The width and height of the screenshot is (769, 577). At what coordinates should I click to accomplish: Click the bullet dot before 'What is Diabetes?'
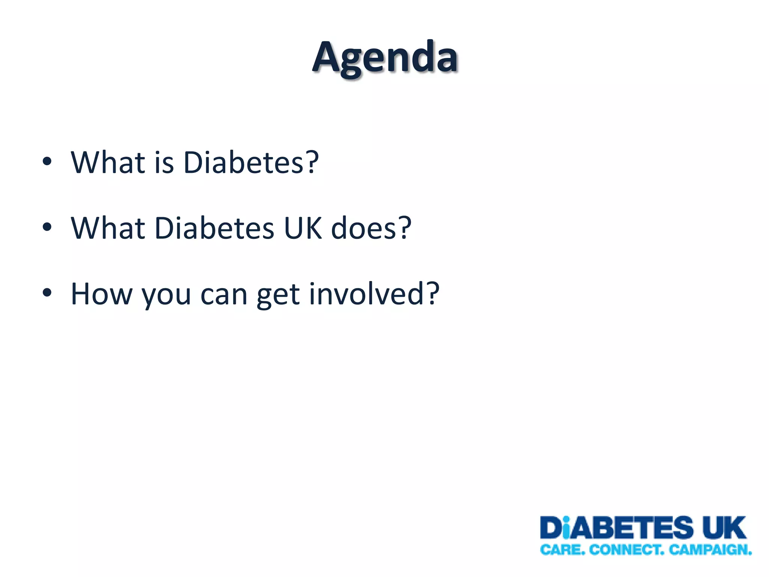point(47,162)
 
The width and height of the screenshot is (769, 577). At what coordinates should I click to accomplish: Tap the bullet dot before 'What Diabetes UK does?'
point(47,227)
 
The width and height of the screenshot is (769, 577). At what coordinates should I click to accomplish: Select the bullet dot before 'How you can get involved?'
point(47,293)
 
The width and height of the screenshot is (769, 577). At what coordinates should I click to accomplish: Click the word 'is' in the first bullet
point(164,163)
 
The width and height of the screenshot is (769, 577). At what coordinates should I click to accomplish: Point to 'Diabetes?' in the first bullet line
point(251,163)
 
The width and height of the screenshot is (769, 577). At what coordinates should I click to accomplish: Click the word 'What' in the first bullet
point(108,163)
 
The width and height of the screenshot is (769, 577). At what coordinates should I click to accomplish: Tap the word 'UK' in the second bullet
point(303,228)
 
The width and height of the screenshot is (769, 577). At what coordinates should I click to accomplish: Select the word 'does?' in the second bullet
point(371,228)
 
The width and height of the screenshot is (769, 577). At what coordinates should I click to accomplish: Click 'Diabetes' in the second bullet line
point(214,228)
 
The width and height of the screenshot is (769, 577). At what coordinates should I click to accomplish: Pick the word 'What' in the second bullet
point(108,228)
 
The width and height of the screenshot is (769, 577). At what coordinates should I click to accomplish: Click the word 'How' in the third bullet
point(101,294)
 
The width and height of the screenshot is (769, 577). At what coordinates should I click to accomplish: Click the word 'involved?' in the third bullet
point(374,294)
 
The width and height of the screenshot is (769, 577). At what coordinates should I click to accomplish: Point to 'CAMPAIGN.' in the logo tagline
point(710,550)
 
